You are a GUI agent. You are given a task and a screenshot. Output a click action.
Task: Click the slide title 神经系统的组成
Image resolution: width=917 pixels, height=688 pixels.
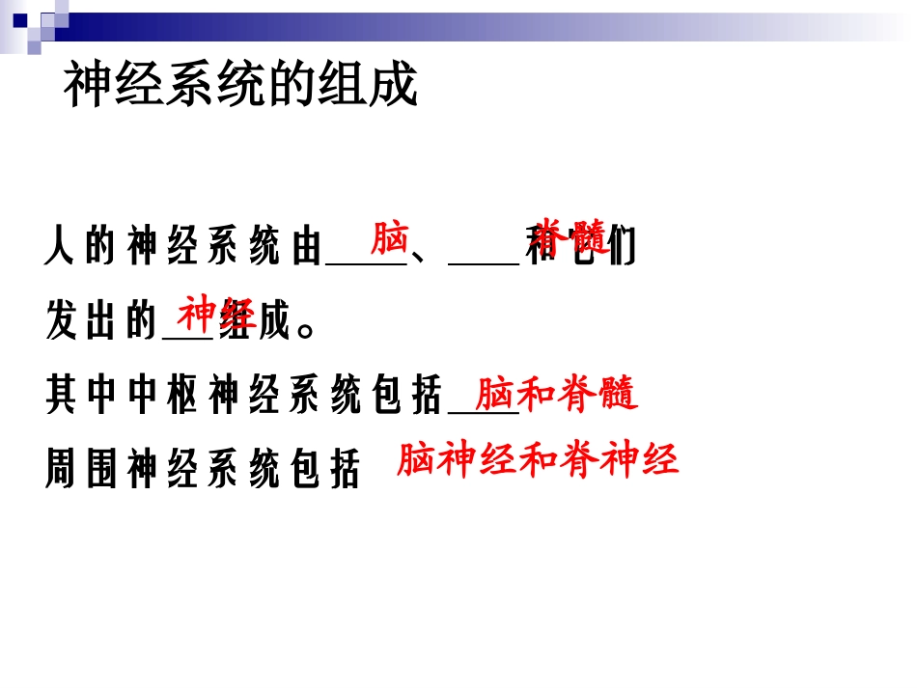[241, 87]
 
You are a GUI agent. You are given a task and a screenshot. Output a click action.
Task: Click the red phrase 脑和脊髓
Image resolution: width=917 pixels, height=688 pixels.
[557, 394]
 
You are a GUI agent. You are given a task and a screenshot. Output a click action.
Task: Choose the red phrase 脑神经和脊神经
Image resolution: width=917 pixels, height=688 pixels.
[538, 459]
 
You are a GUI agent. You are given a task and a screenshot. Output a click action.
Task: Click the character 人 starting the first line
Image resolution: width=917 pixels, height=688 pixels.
[59, 248]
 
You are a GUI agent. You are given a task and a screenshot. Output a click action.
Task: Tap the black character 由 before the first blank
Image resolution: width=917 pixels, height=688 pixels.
[306, 248]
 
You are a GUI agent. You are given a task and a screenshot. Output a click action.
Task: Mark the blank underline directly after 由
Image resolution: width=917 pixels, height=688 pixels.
[366, 262]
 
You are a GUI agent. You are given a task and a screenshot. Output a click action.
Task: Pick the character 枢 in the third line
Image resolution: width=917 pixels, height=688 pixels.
[182, 396]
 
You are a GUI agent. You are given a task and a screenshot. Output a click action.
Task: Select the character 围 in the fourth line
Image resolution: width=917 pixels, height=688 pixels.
[100, 470]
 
